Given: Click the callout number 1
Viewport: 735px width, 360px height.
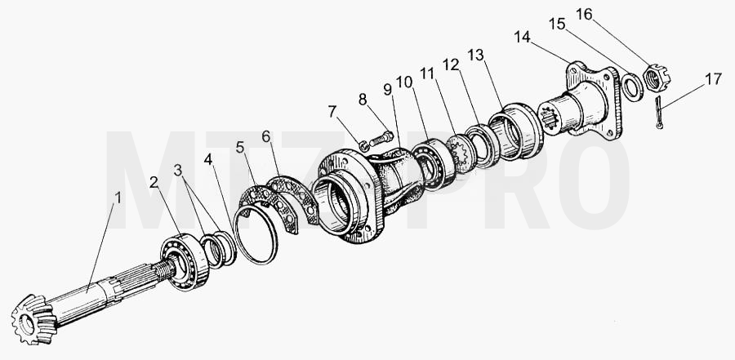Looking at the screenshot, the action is coord(118,198).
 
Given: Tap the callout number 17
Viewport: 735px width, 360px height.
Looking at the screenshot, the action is coord(714,78).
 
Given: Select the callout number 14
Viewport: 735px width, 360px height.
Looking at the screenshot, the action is coord(522,37).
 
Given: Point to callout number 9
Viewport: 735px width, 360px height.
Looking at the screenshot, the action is coord(388,89).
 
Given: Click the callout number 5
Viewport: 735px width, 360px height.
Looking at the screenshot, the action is coord(240,148).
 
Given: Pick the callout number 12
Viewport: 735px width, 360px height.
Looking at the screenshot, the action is coord(451,64).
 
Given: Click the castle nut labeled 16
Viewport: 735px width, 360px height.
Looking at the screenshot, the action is coord(657,78).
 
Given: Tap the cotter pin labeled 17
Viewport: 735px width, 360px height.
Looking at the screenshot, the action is coord(658,112).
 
